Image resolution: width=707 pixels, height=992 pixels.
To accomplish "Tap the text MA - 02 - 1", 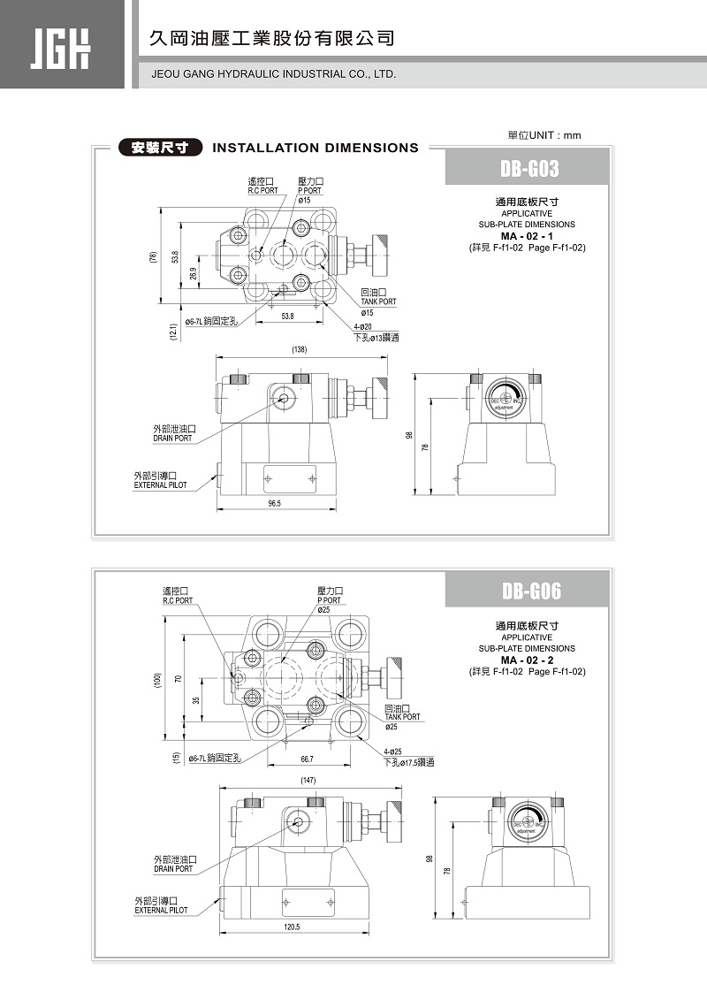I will pos(527,236).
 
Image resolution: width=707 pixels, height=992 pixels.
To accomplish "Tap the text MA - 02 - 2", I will pos(527,660).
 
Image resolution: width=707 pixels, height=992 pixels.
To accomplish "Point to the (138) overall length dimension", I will pos(299,350).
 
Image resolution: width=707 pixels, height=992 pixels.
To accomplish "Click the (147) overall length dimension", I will pos(308,780).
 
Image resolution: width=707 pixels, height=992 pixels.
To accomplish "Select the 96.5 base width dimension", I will pos(274,504).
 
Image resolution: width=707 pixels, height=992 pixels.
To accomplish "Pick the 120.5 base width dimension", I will pos(293,927).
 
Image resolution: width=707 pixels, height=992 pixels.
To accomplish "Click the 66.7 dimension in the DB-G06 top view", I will pos(307,759).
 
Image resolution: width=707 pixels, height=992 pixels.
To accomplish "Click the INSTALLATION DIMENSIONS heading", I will pos(315,148).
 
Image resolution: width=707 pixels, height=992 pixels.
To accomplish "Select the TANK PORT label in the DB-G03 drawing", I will pos(378,301).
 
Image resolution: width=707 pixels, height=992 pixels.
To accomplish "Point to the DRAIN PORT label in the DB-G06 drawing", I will pos(173,868).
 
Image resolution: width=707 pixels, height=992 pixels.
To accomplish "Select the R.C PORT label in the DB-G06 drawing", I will pos(177,600).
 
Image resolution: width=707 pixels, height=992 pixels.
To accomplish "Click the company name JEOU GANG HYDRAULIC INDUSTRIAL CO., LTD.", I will pos(274,74).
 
